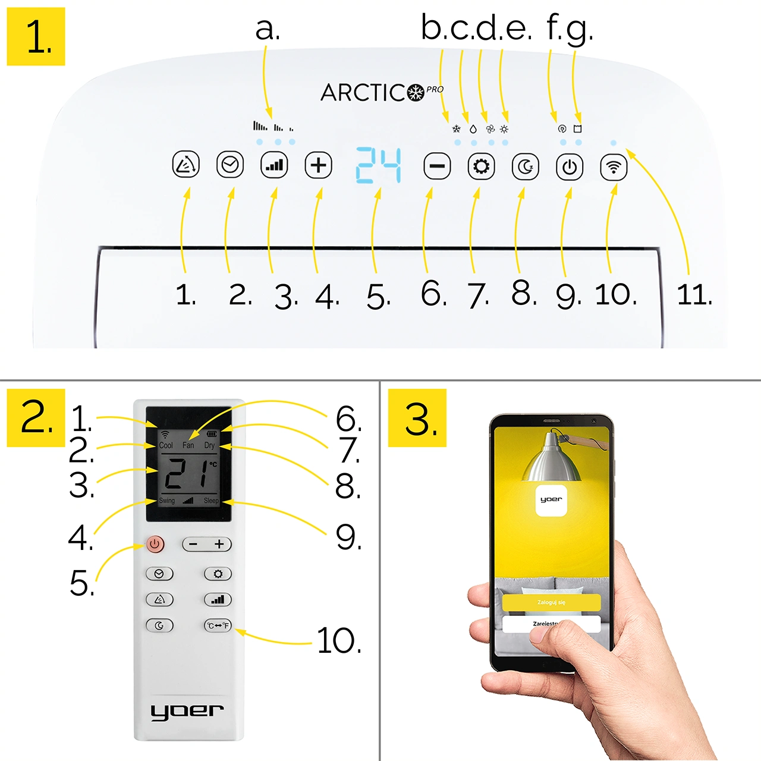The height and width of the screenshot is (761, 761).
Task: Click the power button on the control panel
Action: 570,166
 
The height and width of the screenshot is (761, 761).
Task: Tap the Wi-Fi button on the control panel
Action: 614,166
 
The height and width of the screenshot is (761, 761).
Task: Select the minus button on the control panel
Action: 437,166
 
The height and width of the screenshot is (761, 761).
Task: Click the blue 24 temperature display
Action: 379,165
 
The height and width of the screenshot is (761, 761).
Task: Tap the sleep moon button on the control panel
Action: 526,166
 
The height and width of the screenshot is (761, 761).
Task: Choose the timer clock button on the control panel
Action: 230,165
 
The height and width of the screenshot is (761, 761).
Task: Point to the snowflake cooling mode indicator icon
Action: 457,129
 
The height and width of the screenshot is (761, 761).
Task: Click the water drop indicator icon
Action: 473,129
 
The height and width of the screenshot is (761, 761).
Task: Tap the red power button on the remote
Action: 155,544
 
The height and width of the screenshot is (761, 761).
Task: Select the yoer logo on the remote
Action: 187,711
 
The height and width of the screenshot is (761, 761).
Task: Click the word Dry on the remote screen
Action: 209,445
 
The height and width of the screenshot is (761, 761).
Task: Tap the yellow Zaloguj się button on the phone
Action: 551,602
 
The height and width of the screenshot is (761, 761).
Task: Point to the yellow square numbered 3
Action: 417,418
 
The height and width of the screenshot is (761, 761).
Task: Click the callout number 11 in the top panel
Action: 694,295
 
